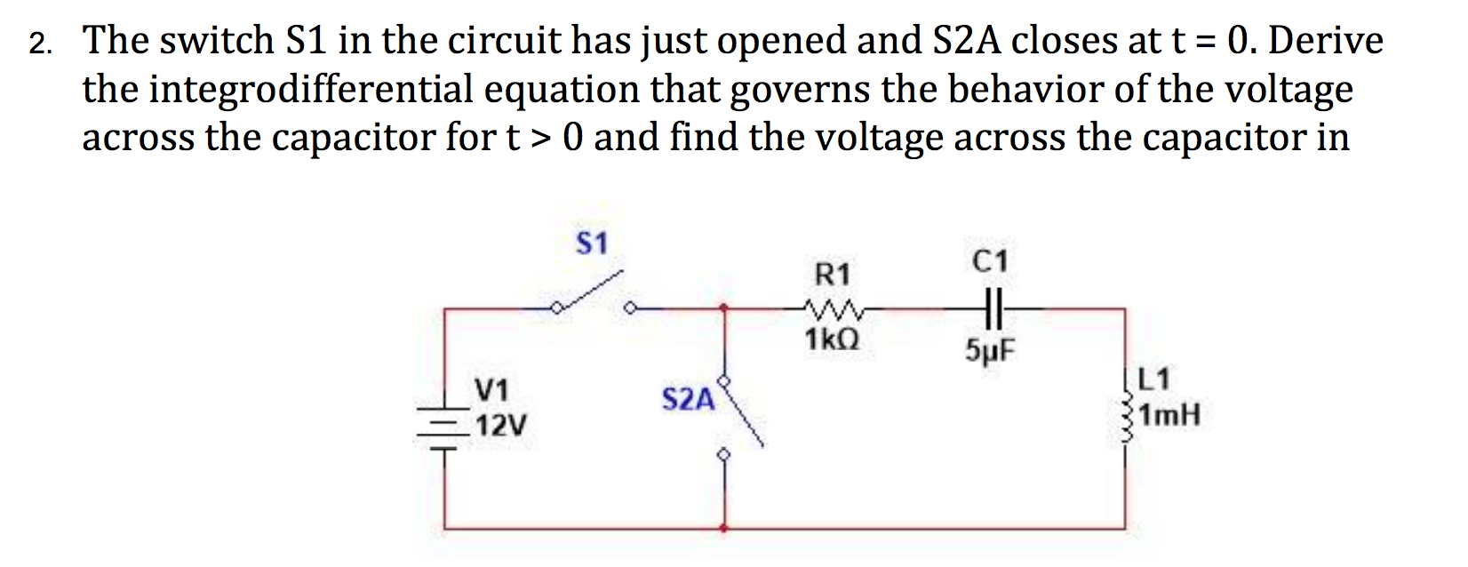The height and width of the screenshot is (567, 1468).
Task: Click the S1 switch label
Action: tap(592, 244)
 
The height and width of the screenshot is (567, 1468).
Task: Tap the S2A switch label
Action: tap(688, 400)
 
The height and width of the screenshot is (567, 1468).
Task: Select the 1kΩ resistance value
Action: tap(831, 339)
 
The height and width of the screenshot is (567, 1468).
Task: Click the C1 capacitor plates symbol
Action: tap(993, 309)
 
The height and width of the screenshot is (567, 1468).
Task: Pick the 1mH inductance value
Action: tap(1169, 415)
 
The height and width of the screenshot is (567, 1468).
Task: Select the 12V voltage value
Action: tap(500, 427)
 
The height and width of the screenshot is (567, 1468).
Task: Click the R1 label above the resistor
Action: tap(832, 274)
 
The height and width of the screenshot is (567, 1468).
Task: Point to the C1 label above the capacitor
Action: tap(991, 261)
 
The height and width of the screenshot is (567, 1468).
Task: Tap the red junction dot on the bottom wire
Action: tap(725, 529)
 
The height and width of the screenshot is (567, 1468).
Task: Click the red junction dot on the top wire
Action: tap(725, 309)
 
